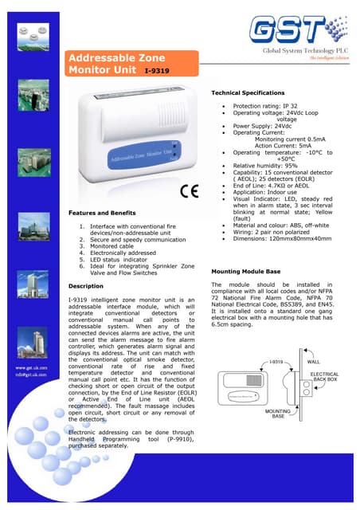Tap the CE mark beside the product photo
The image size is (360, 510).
pyautogui.click(x=190, y=191)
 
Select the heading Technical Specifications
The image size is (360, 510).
pyautogui.click(x=249, y=93)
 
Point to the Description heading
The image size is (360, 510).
pyautogui.click(x=87, y=285)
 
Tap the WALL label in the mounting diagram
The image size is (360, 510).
pyautogui.click(x=314, y=360)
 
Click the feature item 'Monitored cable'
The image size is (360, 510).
pyautogui.click(x=119, y=247)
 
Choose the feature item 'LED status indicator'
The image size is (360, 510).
pyautogui.click(x=124, y=260)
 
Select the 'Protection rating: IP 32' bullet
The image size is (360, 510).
pyautogui.click(x=268, y=106)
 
